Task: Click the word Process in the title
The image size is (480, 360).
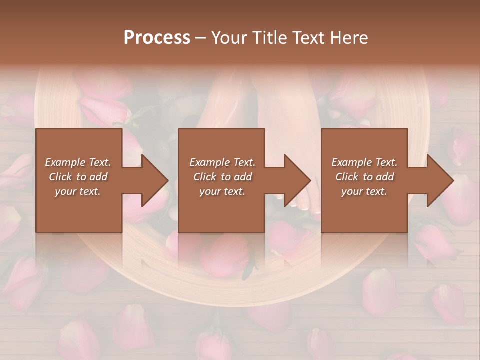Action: [x=157, y=38]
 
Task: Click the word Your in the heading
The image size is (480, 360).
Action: [x=230, y=38]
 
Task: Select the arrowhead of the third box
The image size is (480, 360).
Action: [x=438, y=180]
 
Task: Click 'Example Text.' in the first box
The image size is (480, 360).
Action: [x=78, y=162]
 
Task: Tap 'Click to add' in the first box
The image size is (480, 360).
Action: [x=78, y=177]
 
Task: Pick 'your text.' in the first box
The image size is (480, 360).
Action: [x=78, y=191]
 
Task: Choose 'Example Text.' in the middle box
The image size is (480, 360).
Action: [x=222, y=162]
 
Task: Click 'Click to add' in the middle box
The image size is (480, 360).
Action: [x=222, y=177]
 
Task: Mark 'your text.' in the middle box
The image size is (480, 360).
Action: [x=222, y=191]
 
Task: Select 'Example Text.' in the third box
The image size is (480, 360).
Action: [x=364, y=162]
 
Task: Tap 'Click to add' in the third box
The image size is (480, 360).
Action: [x=364, y=177]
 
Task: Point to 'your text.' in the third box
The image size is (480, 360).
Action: [x=364, y=191]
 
